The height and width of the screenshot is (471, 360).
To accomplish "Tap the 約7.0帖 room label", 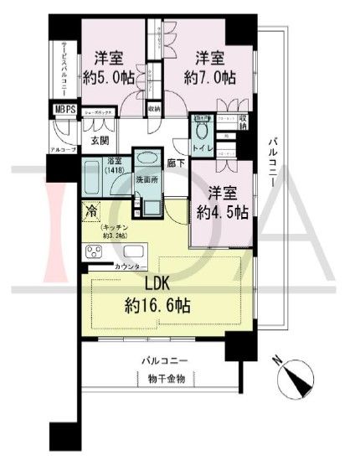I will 210,74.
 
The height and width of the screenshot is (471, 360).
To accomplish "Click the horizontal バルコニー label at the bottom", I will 162,359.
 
